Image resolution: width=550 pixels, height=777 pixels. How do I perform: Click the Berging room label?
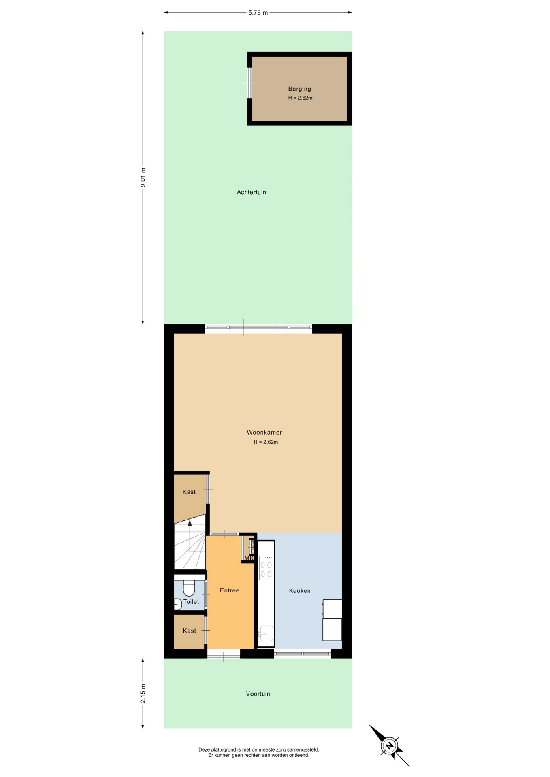point(299,89)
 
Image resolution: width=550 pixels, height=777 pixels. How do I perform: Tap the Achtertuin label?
point(252,192)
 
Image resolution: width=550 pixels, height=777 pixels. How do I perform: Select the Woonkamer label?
point(264,433)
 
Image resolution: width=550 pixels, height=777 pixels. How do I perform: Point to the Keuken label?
point(300,591)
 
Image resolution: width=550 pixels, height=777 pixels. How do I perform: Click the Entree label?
point(230,590)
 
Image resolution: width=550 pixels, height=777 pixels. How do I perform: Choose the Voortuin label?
point(258,694)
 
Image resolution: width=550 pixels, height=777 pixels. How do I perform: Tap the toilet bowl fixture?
point(189,588)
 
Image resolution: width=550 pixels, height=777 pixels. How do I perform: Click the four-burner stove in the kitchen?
point(266,568)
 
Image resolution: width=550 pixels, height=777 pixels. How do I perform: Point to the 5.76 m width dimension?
point(258,13)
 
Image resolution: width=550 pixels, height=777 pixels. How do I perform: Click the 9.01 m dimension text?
point(143,177)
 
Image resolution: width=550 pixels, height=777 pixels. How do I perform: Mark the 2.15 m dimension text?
point(143,694)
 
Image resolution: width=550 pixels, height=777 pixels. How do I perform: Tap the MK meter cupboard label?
point(249,558)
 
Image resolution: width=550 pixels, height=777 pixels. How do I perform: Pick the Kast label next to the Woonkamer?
point(189,492)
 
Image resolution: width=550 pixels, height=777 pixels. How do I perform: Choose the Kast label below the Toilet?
point(190,631)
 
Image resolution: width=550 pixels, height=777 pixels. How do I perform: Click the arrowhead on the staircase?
point(190,523)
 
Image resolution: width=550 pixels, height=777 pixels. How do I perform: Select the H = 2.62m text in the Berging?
point(300,98)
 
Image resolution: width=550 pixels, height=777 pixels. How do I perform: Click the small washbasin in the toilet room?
point(177,604)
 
